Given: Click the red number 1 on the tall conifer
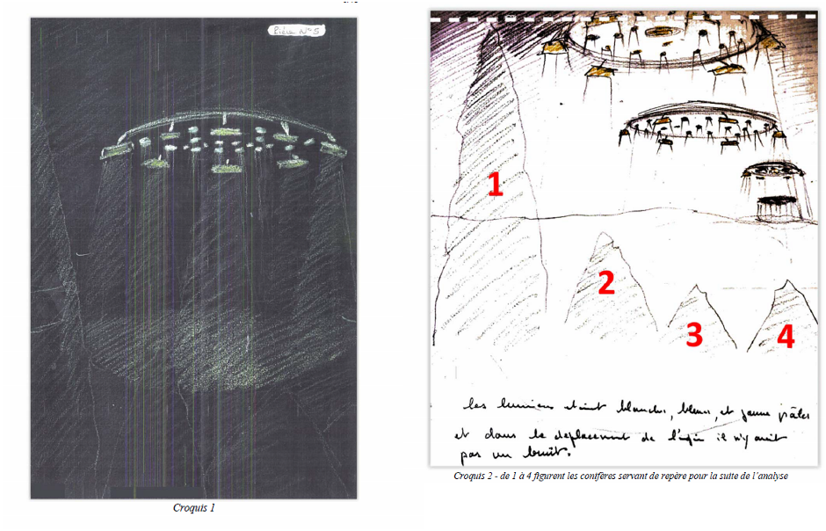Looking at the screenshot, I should point(496,185).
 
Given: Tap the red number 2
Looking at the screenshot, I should point(605,283).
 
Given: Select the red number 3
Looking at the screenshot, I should point(694,334).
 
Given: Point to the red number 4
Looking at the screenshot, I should point(785,337).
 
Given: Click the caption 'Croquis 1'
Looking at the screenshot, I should point(194,508).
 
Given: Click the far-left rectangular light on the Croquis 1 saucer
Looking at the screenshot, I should point(113,154).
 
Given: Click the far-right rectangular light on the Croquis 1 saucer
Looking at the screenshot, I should point(331,150).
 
